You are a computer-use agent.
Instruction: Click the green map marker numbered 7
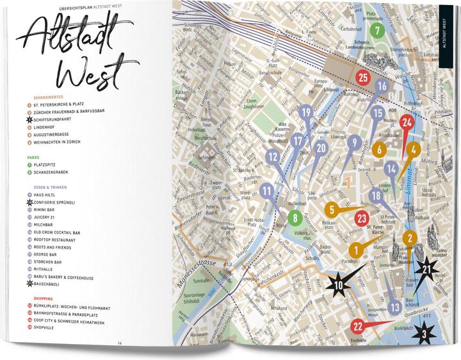click(377, 30)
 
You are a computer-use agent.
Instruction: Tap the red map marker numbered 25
click(362, 78)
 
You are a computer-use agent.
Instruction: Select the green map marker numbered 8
click(295, 218)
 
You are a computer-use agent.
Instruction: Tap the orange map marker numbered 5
click(331, 209)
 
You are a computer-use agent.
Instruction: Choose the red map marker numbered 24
click(406, 122)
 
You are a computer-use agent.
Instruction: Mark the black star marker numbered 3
click(424, 332)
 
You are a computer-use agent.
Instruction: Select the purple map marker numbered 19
click(307, 114)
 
